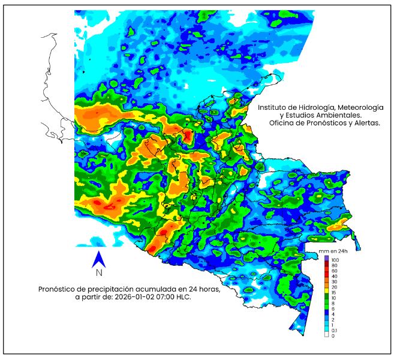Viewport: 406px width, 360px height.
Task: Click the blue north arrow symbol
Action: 99,259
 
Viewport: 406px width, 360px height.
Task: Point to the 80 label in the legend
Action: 334,265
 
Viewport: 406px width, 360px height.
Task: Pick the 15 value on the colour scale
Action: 334,292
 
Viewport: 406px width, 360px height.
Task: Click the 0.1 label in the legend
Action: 334,331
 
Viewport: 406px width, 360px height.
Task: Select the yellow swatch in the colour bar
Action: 326,287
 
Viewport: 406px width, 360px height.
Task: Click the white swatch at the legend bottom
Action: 326,336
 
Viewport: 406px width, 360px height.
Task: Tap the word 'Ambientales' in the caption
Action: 339,115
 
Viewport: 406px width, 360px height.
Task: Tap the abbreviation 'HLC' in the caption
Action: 183,297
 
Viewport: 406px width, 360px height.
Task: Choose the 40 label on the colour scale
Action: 334,275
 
